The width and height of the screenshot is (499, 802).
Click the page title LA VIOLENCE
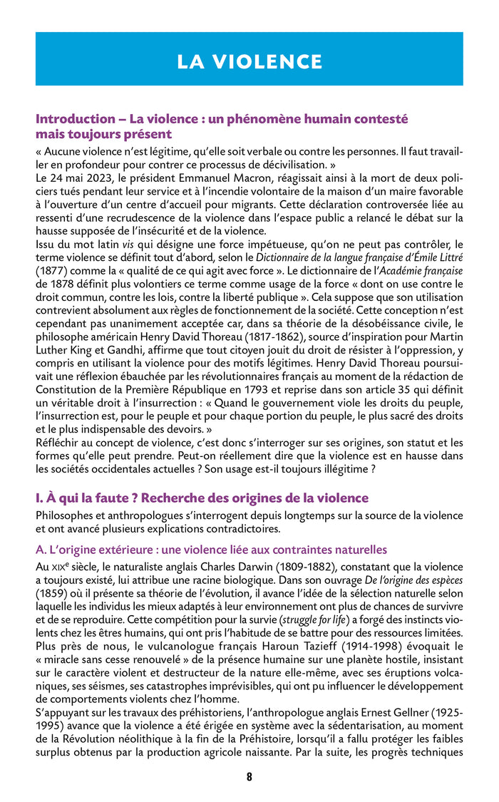tap(249, 61)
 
